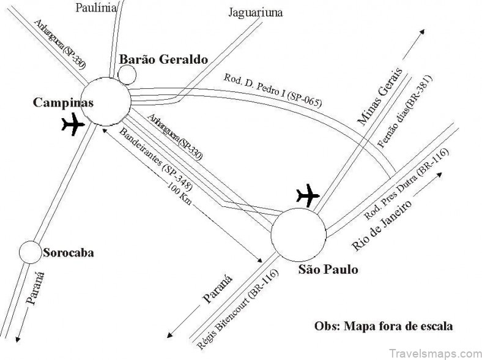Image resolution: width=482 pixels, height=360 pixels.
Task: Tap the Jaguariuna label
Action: pos(256,12)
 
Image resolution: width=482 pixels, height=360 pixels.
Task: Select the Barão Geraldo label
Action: pos(163,59)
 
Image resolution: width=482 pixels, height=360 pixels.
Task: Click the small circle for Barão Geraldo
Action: pos(127,73)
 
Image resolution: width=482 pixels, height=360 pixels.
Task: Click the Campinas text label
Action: pos(63,103)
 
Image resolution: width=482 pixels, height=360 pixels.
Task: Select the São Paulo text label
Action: pos(327,269)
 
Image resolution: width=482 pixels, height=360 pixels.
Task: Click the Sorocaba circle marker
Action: pos(29,252)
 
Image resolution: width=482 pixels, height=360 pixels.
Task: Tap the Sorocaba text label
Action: pos(68,252)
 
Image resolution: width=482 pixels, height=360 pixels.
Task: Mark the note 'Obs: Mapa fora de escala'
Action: pos(384,325)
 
